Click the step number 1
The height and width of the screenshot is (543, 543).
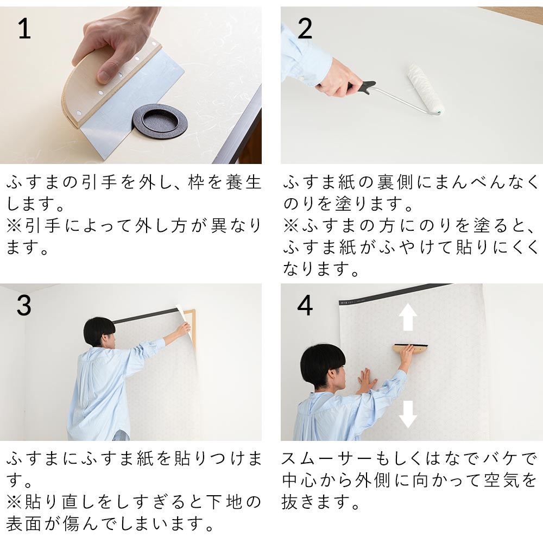[24, 29]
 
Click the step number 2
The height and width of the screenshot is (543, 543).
[305, 29]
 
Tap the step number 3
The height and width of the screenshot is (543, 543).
[24, 305]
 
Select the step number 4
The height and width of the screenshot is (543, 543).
[305, 305]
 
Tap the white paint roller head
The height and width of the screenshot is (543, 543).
[425, 89]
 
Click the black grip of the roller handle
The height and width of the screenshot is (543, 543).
[364, 87]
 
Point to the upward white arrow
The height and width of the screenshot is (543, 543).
[408, 317]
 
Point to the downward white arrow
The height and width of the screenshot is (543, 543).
[408, 414]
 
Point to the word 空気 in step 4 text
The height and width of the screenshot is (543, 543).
[501, 481]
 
